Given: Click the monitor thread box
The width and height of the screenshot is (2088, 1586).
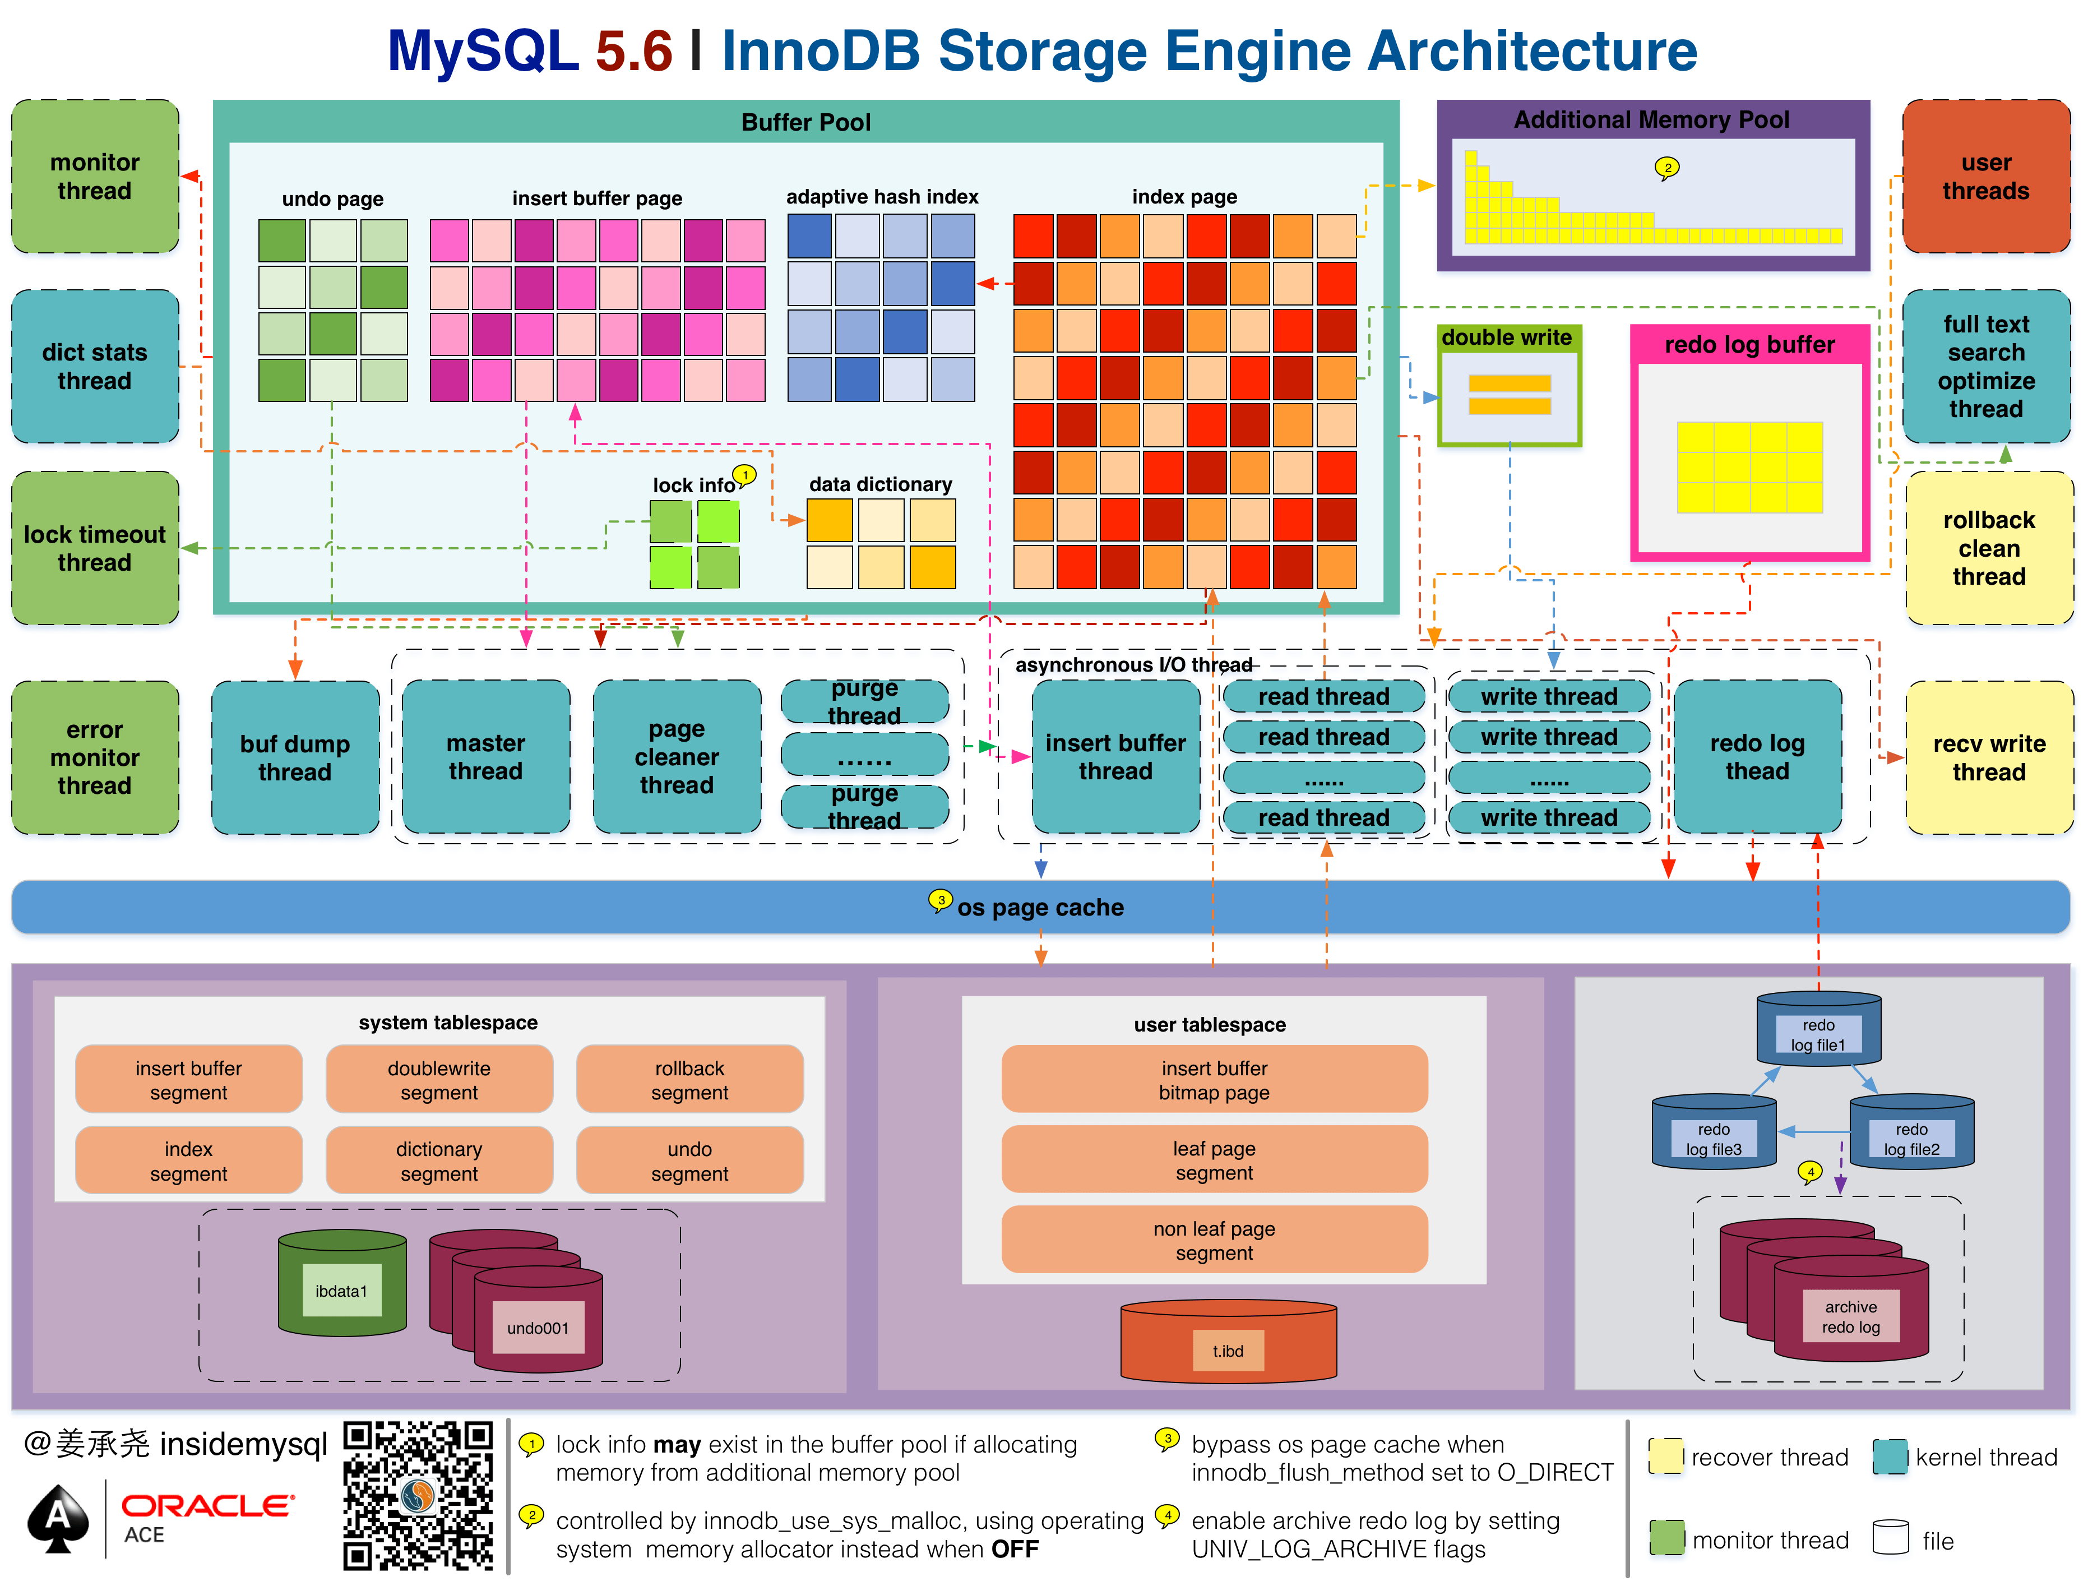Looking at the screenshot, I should coord(94,177).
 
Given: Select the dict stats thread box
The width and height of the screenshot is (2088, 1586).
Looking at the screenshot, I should coord(94,366).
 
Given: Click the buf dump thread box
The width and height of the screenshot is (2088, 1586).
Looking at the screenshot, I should coord(294,757).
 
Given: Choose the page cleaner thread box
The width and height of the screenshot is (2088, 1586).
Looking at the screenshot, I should coord(676,757).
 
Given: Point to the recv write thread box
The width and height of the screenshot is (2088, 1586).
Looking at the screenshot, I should coord(1989,757).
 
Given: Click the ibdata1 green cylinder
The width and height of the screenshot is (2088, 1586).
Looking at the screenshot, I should coord(342,1284).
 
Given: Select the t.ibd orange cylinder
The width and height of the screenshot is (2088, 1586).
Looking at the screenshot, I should coord(1228,1345).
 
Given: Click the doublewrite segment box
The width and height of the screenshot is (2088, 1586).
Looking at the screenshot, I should coord(439,1080).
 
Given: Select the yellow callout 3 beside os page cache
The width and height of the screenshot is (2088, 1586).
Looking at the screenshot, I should coord(940,900).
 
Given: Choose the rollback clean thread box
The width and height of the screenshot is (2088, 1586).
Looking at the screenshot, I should coord(1989,548).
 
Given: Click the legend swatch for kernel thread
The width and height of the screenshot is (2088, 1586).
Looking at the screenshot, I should coord(1890,1456).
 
